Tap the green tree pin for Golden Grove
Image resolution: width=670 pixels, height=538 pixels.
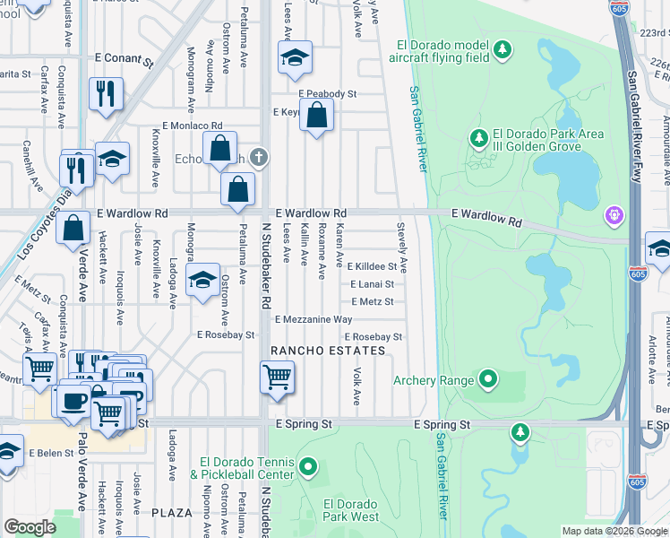click(x=479, y=138)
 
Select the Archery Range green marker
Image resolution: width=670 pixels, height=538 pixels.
click(x=488, y=380)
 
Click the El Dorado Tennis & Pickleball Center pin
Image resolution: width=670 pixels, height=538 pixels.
click(x=308, y=466)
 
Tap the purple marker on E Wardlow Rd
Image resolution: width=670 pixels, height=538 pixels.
click(x=614, y=214)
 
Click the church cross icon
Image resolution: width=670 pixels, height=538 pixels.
click(x=259, y=158)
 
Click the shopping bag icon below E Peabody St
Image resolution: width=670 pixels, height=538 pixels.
click(x=316, y=116)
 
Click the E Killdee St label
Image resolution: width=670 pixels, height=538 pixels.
click(x=372, y=266)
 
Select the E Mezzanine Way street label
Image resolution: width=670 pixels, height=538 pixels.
click(x=314, y=319)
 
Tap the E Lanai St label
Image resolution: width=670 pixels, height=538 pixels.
click(x=371, y=284)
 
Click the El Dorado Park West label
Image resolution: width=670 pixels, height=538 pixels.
click(x=351, y=510)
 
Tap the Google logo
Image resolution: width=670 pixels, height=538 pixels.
click(x=30, y=527)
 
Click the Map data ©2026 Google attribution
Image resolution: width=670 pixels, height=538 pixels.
click(x=614, y=531)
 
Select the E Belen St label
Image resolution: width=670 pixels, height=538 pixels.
click(x=50, y=454)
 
